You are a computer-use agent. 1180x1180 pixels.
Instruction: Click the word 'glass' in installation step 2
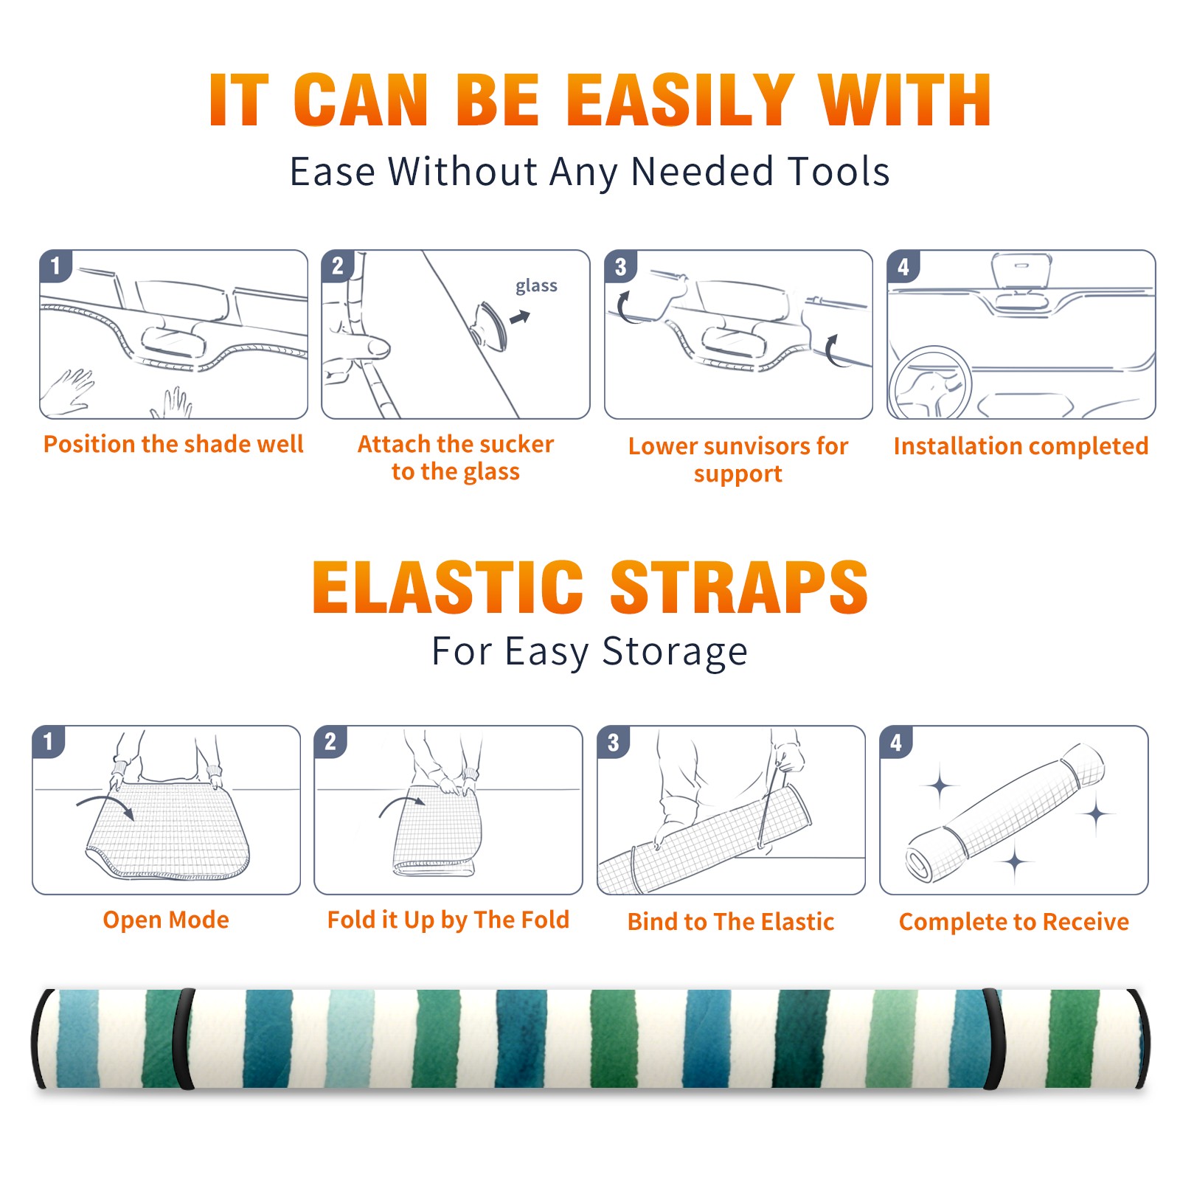536,286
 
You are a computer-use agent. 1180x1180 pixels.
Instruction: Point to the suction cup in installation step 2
490,325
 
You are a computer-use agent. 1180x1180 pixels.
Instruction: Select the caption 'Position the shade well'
173,444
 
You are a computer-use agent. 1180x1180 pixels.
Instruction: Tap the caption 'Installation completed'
1021,445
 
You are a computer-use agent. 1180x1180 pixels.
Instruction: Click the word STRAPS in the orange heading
739,587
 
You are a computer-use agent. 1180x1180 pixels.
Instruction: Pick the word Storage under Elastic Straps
675,652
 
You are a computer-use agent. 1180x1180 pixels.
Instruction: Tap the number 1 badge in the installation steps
55,265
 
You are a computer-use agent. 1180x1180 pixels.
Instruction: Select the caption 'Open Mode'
166,920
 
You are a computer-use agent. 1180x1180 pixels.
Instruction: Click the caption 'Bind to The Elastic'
731,922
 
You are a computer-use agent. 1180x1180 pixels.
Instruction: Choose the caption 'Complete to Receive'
1014,922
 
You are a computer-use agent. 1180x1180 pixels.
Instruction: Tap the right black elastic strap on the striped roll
992,1038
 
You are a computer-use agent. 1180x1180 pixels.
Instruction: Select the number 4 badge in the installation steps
903,265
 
